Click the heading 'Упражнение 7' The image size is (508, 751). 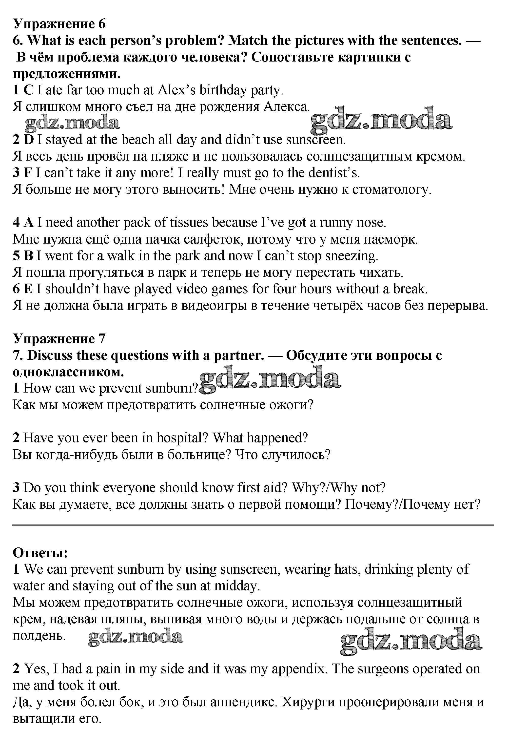(x=59, y=338)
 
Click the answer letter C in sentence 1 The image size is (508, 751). (x=28, y=90)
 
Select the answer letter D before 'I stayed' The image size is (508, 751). (x=29, y=140)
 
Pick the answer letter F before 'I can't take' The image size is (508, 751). (x=28, y=173)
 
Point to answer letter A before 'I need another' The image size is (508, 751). (x=29, y=222)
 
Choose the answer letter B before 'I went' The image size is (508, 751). (x=28, y=256)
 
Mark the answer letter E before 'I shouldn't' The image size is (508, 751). (x=28, y=289)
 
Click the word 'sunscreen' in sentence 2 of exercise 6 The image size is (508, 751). (x=315, y=140)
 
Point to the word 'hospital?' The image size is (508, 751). (x=182, y=438)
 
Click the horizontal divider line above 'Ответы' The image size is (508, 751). (x=253, y=525)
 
